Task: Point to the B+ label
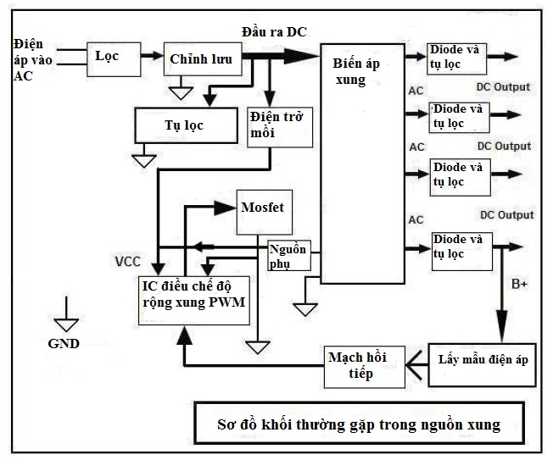pyautogui.click(x=519, y=285)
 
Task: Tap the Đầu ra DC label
pyautogui.click(x=275, y=31)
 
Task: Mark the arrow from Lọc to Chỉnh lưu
pyautogui.click(x=150, y=57)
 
